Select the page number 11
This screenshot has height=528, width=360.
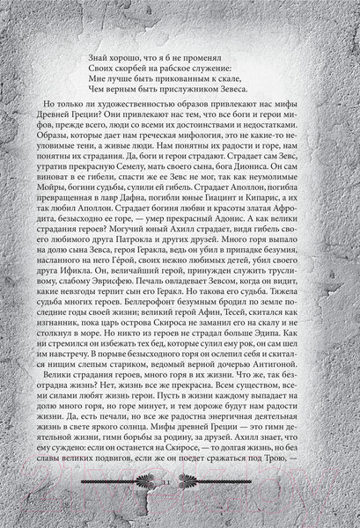(180, 508)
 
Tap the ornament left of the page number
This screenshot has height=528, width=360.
(123, 508)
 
